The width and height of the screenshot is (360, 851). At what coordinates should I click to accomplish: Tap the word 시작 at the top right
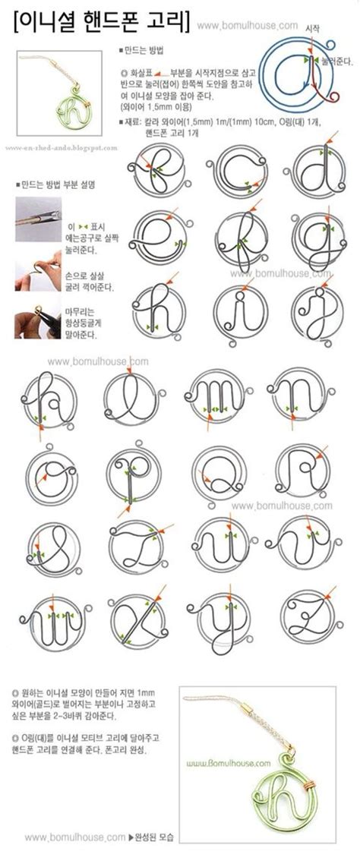[x=311, y=27]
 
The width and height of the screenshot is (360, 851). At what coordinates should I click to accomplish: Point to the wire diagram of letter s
[x=55, y=547]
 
